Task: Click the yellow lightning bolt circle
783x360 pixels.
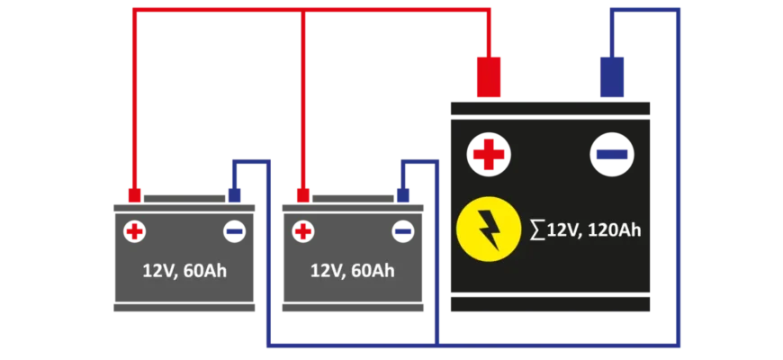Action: click(x=489, y=229)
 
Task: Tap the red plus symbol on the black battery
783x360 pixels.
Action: click(x=488, y=155)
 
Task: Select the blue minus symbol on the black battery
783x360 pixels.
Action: click(x=611, y=155)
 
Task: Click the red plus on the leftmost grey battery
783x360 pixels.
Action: click(x=134, y=232)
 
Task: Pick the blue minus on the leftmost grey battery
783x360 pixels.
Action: click(x=234, y=232)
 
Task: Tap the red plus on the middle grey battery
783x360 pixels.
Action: click(x=303, y=232)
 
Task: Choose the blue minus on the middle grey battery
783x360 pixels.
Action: click(x=403, y=232)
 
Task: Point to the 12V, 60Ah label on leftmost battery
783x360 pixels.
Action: click(x=184, y=271)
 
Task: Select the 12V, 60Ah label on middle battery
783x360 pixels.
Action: click(x=353, y=271)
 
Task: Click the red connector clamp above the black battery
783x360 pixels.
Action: click(x=488, y=76)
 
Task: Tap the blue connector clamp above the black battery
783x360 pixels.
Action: click(x=612, y=76)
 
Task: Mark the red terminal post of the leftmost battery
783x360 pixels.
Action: click(x=134, y=194)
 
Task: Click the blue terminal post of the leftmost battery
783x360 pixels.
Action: click(x=234, y=194)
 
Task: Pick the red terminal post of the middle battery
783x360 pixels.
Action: click(x=303, y=194)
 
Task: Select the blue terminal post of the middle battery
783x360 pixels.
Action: click(x=403, y=194)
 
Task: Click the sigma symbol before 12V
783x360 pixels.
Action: click(x=537, y=230)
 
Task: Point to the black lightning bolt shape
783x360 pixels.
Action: click(x=489, y=230)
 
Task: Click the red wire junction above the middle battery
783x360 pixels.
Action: click(x=303, y=12)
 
